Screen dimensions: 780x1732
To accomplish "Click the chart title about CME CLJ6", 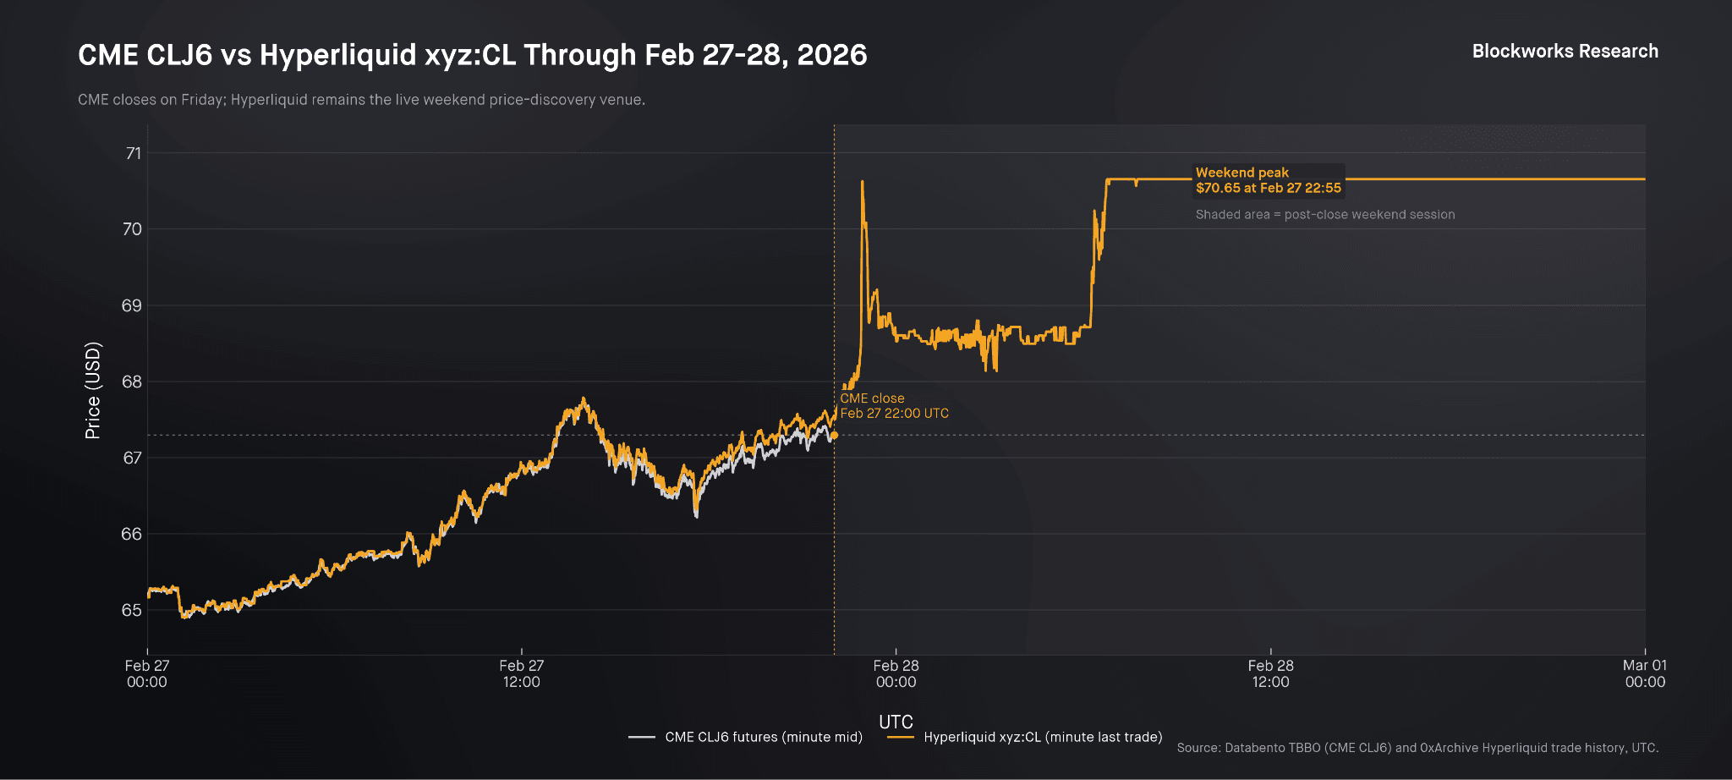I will (x=472, y=55).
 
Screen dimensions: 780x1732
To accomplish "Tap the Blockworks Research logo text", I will (x=1565, y=52).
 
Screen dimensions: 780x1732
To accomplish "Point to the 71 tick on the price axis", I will (x=133, y=153).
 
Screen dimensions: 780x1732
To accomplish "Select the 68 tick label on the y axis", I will (x=132, y=382).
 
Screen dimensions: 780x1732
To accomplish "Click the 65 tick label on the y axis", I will (x=132, y=610).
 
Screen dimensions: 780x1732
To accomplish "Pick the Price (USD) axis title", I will (x=92, y=390).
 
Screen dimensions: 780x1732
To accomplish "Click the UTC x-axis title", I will (x=896, y=722).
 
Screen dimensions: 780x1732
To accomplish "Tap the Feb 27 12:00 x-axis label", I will (x=521, y=673).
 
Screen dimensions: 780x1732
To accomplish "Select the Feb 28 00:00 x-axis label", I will (x=896, y=673).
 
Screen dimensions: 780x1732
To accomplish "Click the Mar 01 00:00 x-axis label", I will (x=1644, y=673).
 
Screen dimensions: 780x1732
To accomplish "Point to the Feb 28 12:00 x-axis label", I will (x=1270, y=673).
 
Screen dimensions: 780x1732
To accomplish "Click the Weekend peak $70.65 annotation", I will (x=1268, y=180).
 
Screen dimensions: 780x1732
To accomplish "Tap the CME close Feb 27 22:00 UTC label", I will (x=894, y=406).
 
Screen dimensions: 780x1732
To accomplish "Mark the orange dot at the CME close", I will (x=834, y=436).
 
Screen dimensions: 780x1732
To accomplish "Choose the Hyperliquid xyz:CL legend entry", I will (x=1025, y=737).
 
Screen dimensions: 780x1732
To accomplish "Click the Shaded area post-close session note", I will (x=1324, y=215).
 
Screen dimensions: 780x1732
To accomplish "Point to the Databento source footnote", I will (x=1417, y=748).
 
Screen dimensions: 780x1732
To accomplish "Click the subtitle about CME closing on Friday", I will (x=361, y=100).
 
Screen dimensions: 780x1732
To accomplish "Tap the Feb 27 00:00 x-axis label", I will (x=147, y=673).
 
